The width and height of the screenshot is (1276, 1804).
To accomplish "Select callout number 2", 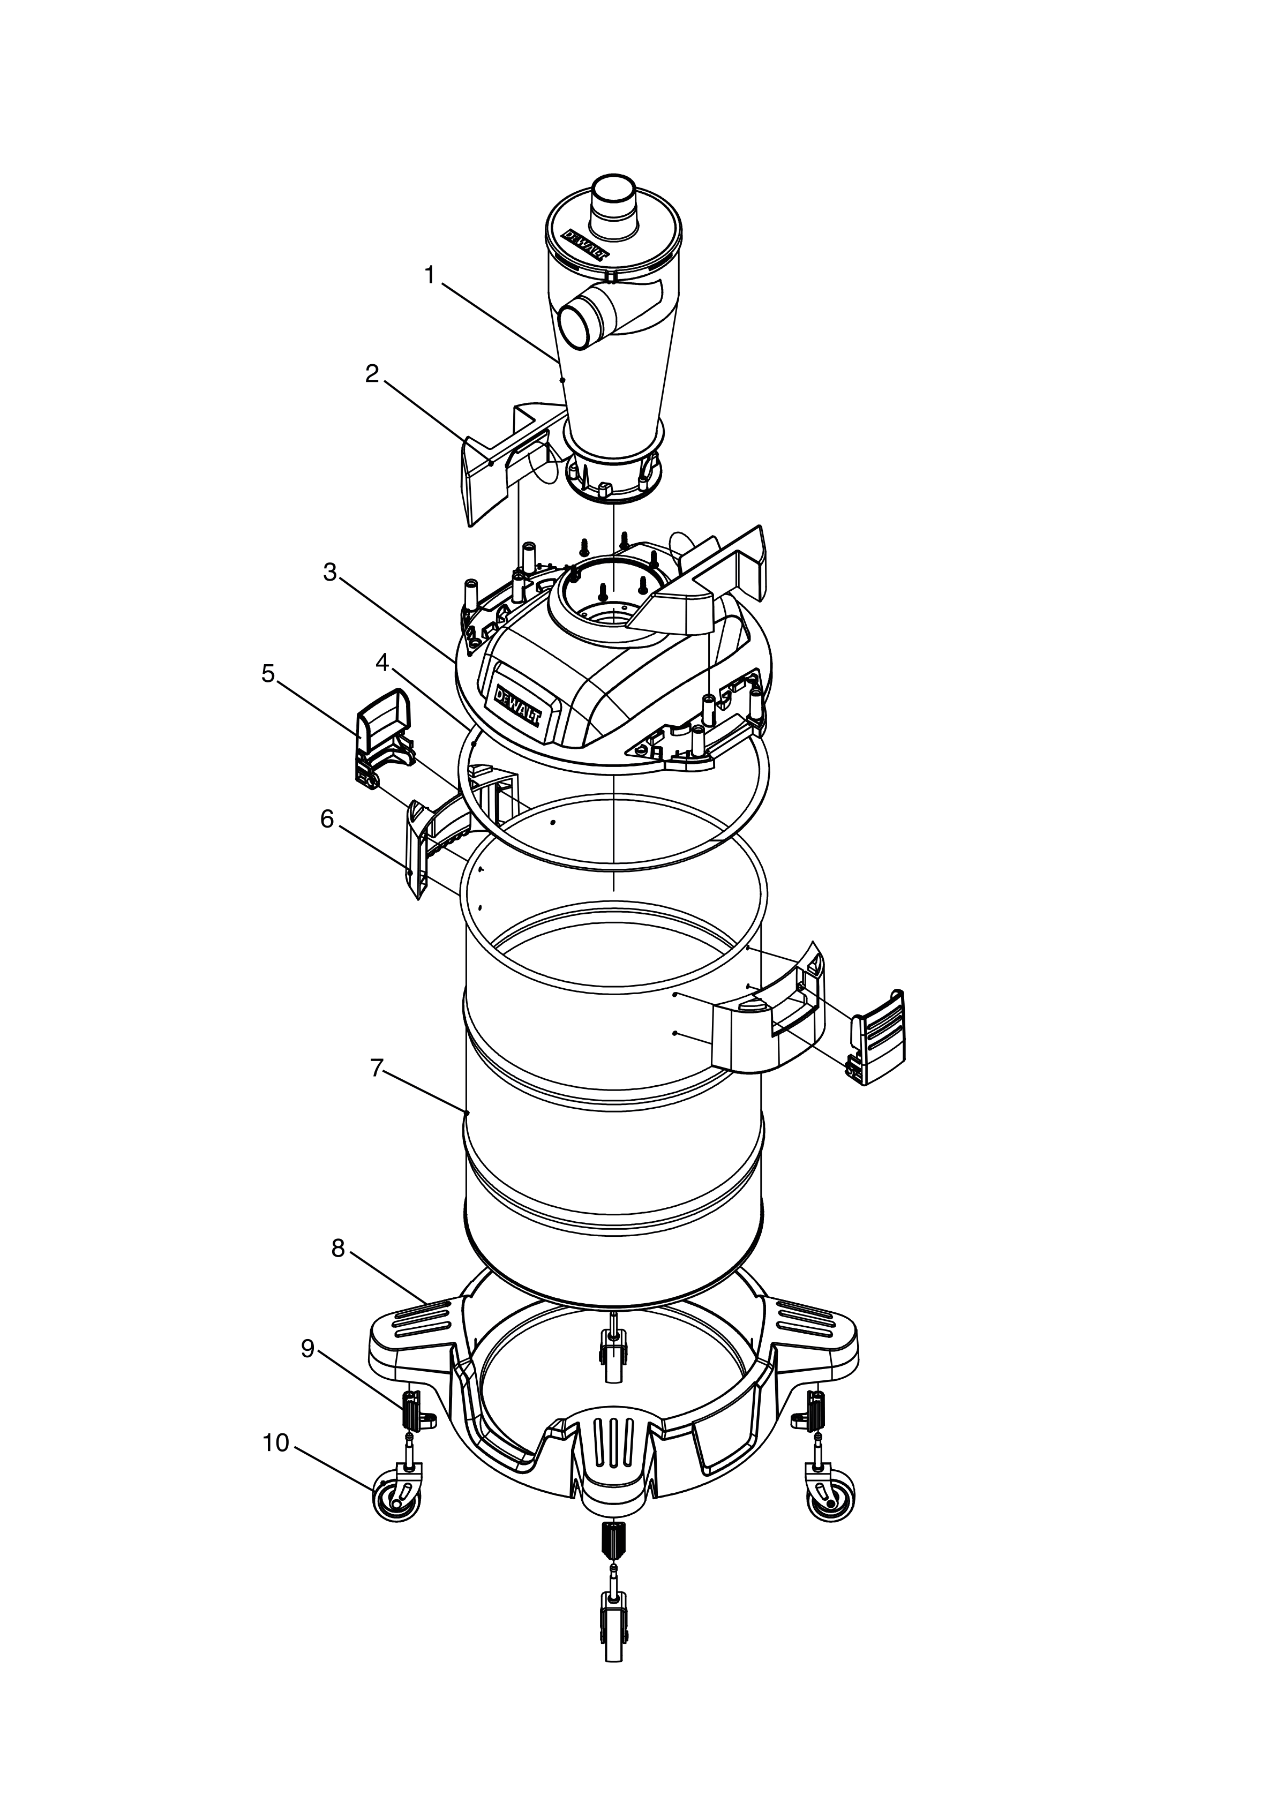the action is pyautogui.click(x=372, y=374).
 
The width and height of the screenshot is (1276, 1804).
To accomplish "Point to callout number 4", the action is pyautogui.click(x=382, y=663).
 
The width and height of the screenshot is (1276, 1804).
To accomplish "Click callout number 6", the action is pyautogui.click(x=327, y=820).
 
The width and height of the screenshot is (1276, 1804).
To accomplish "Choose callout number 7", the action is pyautogui.click(x=377, y=1069).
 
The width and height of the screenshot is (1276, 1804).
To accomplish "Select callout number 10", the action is pyautogui.click(x=276, y=1444).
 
